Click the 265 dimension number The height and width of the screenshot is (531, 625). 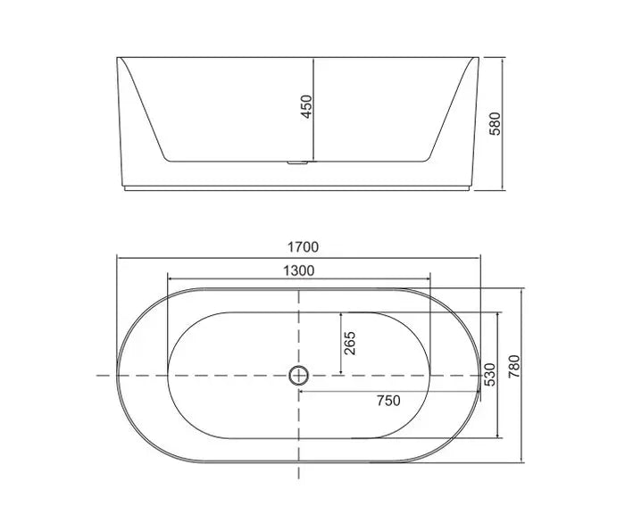click(x=350, y=342)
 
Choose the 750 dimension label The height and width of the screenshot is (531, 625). click(x=388, y=401)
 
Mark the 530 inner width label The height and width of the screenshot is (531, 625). click(x=488, y=375)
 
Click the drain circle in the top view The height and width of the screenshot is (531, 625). click(x=298, y=376)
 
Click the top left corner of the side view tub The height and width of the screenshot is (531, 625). click(x=117, y=58)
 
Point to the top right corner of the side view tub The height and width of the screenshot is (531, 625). click(x=479, y=58)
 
